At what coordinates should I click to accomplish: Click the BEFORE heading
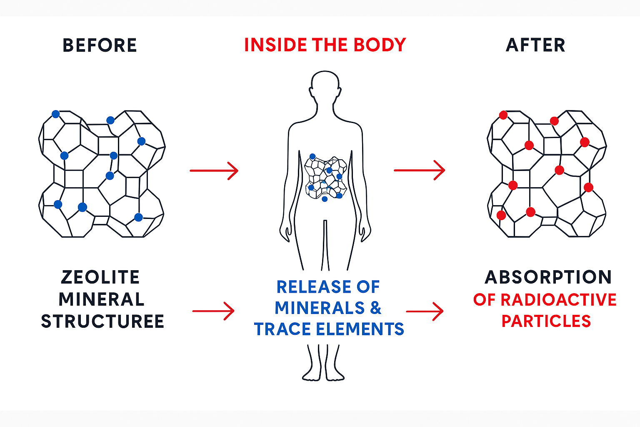pyautogui.click(x=100, y=45)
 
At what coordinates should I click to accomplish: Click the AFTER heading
pyautogui.click(x=535, y=45)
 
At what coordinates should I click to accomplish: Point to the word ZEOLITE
pyautogui.click(x=100, y=277)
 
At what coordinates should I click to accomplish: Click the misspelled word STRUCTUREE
pyautogui.click(x=102, y=322)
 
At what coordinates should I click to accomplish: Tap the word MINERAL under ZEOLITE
pyautogui.click(x=101, y=299)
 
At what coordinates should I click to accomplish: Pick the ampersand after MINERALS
pyautogui.click(x=375, y=308)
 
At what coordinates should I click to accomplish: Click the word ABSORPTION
pyautogui.click(x=548, y=277)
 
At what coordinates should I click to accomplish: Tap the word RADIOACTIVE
pyautogui.click(x=558, y=300)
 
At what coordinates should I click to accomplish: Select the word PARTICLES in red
pyautogui.click(x=546, y=321)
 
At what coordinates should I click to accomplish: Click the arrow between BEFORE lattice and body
pyautogui.click(x=214, y=171)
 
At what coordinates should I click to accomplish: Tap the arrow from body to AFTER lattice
pyautogui.click(x=419, y=170)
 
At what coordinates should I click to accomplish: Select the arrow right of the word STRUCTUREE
pyautogui.click(x=213, y=311)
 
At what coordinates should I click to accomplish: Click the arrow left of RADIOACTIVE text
pyautogui.click(x=425, y=311)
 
